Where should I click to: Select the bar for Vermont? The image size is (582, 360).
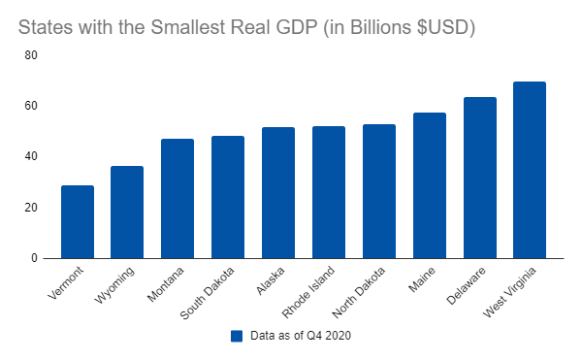(78, 222)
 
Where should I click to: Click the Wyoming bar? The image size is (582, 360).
(127, 213)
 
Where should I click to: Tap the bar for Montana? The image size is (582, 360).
(178, 199)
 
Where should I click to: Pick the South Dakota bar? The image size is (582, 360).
(228, 197)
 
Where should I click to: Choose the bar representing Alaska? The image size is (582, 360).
(278, 193)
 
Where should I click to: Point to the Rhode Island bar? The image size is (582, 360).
(329, 192)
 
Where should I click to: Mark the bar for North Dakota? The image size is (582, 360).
(379, 191)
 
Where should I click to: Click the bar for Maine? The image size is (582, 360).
(430, 185)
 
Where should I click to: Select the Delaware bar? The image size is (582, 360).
(480, 178)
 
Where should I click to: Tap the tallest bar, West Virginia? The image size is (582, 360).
(530, 170)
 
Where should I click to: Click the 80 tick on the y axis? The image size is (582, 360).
(31, 55)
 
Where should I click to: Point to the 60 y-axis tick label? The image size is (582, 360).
(31, 106)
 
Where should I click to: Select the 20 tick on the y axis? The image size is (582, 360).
(31, 208)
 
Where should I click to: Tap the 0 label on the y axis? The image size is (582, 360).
(34, 258)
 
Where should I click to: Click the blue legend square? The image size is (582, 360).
(237, 336)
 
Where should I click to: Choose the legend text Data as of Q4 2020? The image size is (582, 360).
(301, 336)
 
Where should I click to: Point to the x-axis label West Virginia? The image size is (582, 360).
(510, 292)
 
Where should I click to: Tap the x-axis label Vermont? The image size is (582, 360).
(66, 282)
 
